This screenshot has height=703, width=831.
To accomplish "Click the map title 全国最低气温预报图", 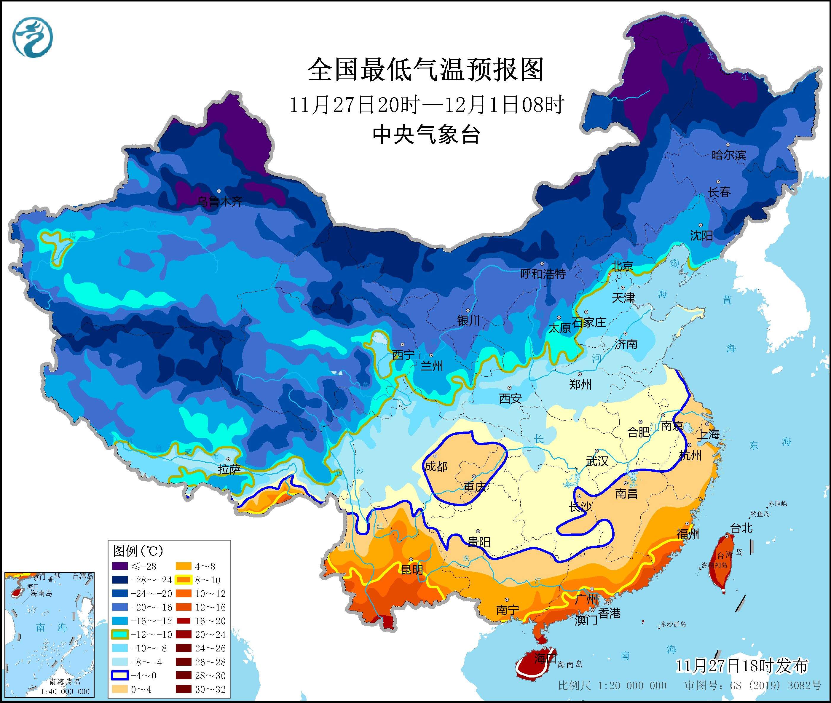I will [426, 70].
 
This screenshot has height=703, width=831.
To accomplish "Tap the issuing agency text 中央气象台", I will [426, 135].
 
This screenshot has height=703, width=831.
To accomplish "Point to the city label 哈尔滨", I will [728, 155].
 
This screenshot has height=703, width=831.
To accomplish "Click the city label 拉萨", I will [229, 469].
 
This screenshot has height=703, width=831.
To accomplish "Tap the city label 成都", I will [436, 466].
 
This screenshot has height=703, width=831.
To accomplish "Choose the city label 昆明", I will [412, 570].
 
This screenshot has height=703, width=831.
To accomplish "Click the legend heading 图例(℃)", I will [138, 551].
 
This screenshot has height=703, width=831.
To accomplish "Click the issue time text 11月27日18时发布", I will [742, 666].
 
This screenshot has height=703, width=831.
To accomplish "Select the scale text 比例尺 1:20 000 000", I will [612, 686].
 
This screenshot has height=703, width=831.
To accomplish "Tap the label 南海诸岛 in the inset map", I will [65, 682].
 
